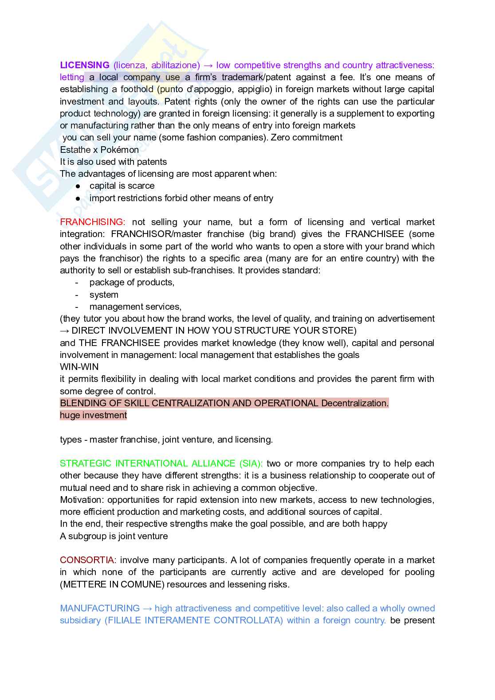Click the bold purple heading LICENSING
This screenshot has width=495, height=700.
pos(85,65)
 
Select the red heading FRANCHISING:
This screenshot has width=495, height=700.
pos(93,222)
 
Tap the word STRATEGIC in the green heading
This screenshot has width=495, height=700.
pos(86,463)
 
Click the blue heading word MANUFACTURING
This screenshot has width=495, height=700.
pos(100,608)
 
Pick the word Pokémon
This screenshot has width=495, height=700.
pos(120,150)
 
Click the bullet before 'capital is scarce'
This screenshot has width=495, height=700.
pos(78,186)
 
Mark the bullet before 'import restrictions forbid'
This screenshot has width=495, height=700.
pos(78,198)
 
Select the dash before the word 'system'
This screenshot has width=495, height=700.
pos(77,295)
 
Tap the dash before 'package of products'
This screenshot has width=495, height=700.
pos(77,283)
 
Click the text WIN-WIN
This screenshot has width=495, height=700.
pos(79,367)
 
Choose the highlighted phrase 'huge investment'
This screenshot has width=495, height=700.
pos(93,415)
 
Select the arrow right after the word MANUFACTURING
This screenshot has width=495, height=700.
pos(147,608)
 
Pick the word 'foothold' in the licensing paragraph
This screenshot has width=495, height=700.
pos(137,89)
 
